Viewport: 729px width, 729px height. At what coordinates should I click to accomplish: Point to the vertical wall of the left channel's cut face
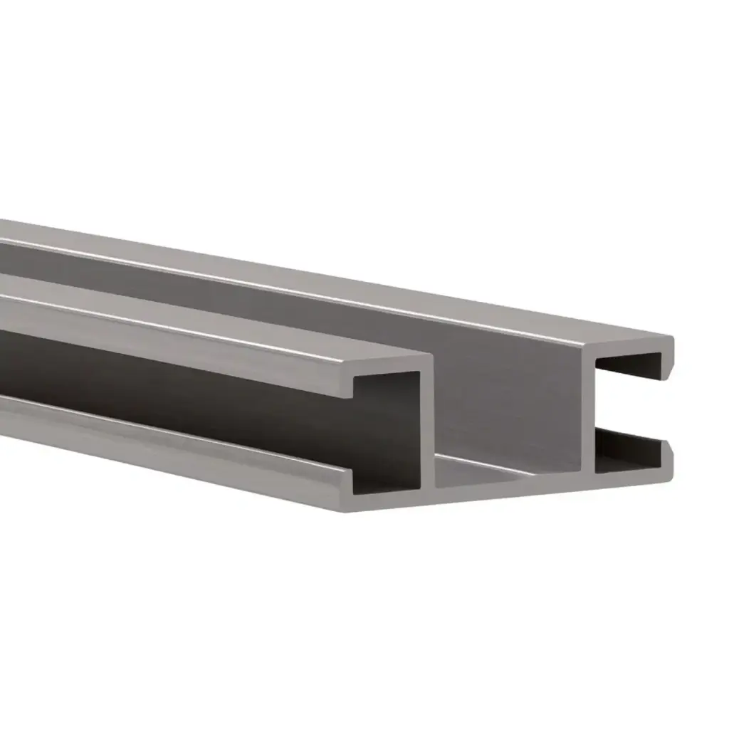click(427, 427)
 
